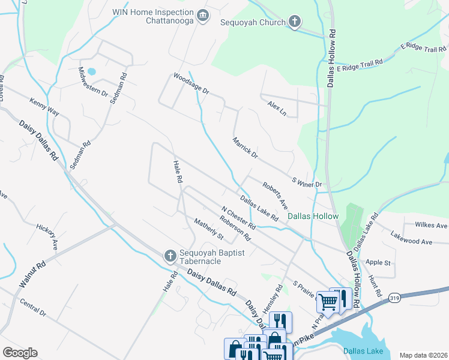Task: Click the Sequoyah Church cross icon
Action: click(x=294, y=22)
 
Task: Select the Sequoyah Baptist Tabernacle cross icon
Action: click(x=170, y=256)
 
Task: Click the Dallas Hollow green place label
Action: click(x=313, y=216)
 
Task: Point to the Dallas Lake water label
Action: click(x=362, y=351)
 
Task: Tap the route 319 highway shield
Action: click(x=394, y=298)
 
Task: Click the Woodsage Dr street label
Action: click(x=191, y=84)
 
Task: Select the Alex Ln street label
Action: click(x=277, y=109)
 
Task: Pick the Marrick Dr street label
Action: click(x=245, y=148)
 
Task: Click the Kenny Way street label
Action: click(x=44, y=107)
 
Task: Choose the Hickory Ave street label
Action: click(x=46, y=236)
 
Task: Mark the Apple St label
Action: click(x=378, y=263)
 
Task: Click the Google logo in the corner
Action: click(x=20, y=353)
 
